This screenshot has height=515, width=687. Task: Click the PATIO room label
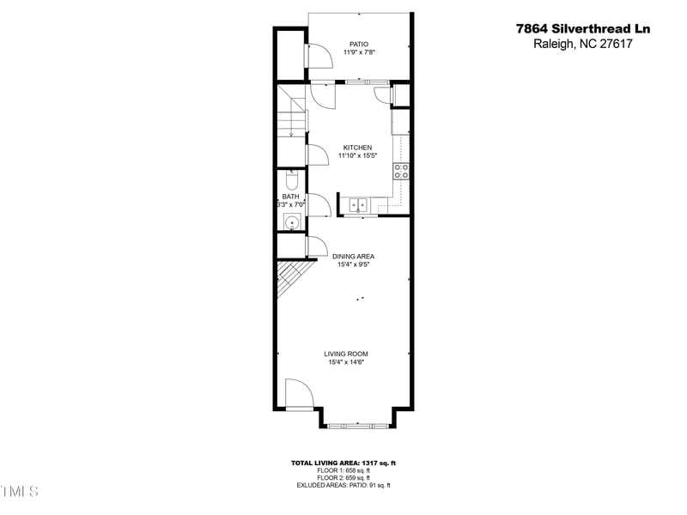coord(359,44)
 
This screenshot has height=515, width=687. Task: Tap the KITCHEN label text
coord(357,148)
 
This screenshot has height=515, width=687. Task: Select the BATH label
coord(291,197)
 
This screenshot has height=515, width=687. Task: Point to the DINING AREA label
coord(353,256)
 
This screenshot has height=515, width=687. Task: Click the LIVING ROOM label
coord(346,354)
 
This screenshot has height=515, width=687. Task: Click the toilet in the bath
coord(291,180)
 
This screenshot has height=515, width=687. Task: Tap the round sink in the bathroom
coord(292,222)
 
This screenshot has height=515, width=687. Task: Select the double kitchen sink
coord(358,204)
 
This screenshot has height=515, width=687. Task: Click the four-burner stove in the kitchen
coord(401,170)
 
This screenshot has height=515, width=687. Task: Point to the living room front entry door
coord(300,395)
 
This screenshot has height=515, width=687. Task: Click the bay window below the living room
coord(359,425)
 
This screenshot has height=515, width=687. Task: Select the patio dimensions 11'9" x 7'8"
coord(359,52)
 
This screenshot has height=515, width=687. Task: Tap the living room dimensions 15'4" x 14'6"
coord(346,362)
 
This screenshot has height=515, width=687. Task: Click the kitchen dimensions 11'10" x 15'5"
coord(357,156)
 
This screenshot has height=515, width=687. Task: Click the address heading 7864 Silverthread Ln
coord(583,28)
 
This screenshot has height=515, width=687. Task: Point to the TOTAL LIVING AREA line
coord(343,463)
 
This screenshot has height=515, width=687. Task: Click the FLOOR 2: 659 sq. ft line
coord(343,477)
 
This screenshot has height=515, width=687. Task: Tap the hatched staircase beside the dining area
coord(289,278)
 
